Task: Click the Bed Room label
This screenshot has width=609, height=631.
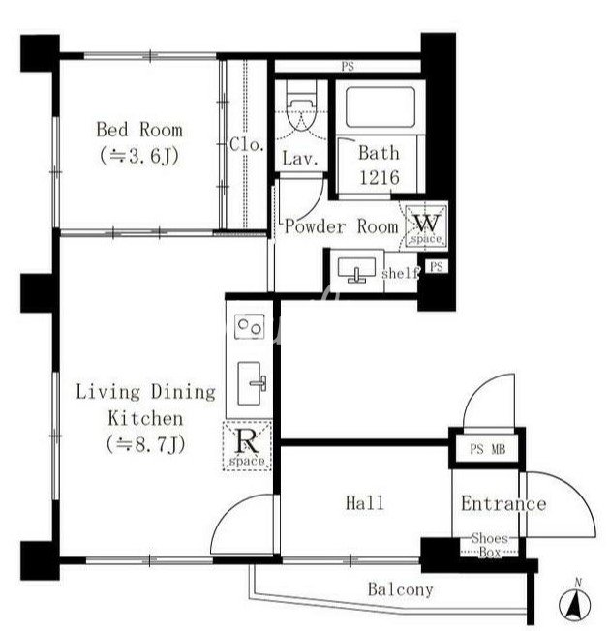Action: click(139, 130)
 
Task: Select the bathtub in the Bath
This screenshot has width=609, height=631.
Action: click(380, 106)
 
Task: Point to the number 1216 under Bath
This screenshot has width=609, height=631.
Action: click(380, 177)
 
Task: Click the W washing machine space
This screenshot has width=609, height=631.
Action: click(426, 225)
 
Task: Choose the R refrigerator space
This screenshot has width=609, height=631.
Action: click(247, 445)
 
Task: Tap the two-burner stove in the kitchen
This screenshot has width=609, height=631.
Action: click(250, 326)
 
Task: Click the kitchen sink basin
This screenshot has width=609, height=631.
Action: click(250, 382)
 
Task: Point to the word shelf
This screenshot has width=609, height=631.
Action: click(400, 274)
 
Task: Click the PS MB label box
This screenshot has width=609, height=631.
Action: click(487, 449)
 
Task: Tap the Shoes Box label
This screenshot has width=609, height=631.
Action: click(490, 545)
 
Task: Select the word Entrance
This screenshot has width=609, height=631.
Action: click(503, 504)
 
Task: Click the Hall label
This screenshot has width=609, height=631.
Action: click(365, 503)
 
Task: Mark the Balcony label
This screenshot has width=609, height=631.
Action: click(401, 590)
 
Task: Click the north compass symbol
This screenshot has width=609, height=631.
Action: click(575, 601)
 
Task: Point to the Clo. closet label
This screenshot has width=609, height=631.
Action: click(246, 145)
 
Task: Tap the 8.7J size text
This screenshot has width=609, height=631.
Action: click(146, 444)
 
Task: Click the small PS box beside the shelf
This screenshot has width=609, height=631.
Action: click(437, 266)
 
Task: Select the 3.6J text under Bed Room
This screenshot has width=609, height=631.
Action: click(139, 156)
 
